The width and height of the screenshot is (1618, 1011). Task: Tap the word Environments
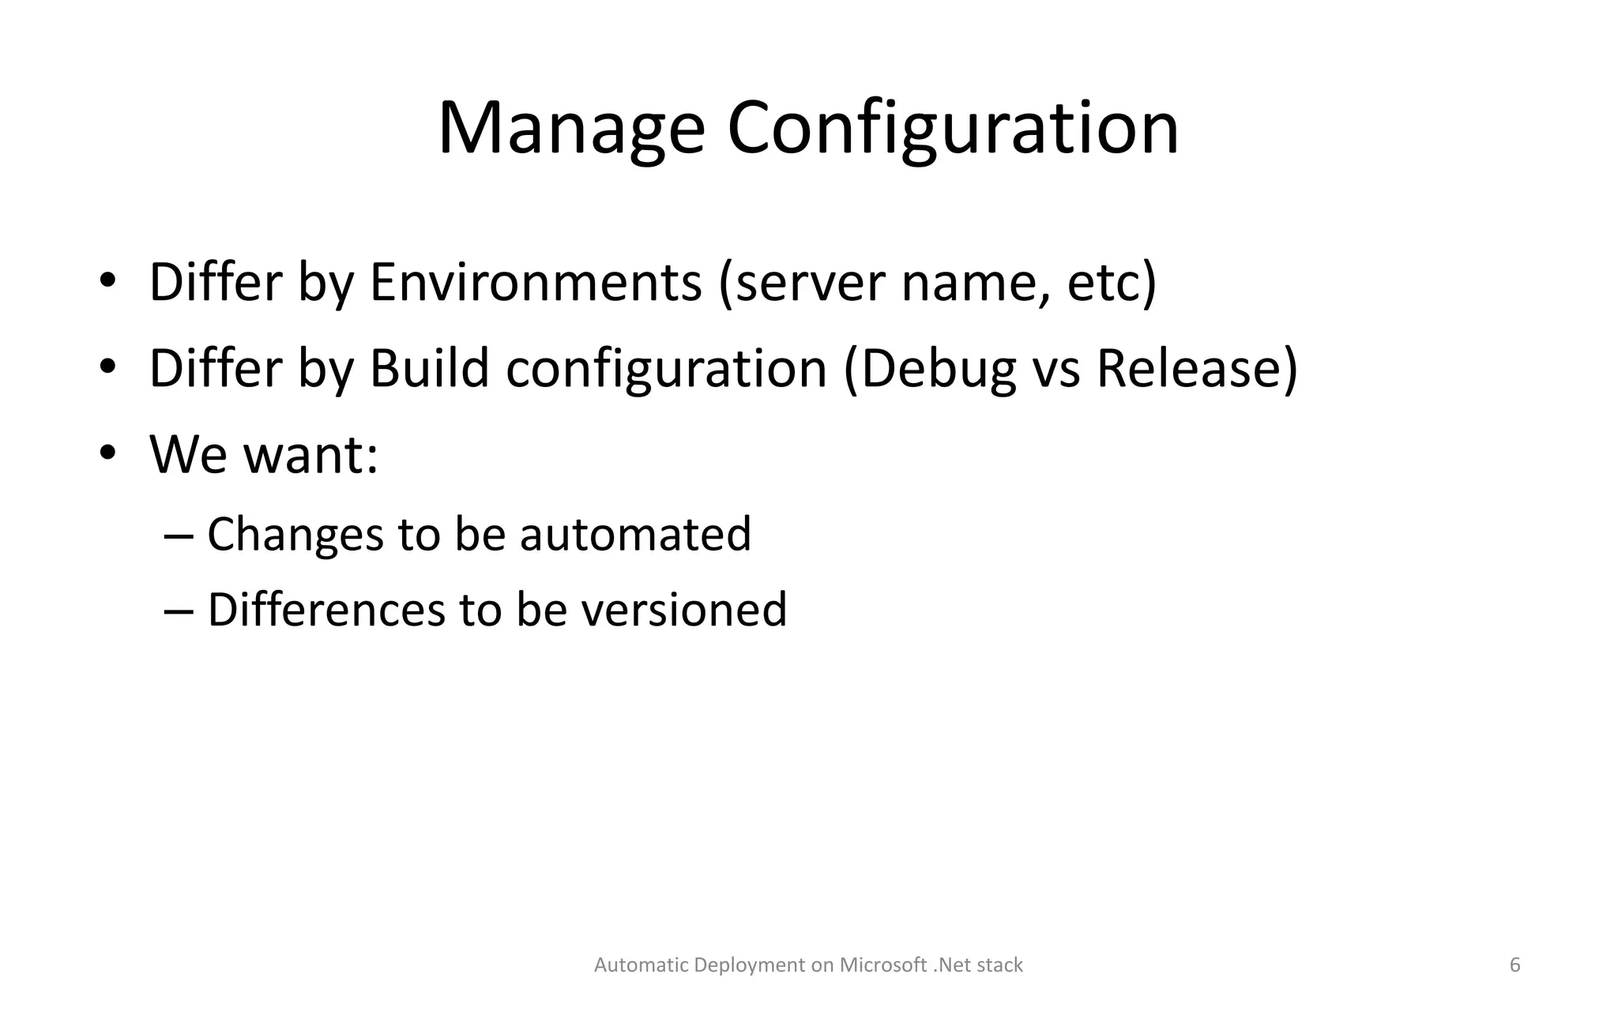(535, 282)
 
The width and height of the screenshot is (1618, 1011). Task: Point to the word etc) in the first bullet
(1112, 282)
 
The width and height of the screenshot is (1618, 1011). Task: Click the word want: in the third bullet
(310, 455)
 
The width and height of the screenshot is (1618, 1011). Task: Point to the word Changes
(295, 534)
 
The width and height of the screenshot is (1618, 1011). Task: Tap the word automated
(635, 534)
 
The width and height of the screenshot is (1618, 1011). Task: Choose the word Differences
(326, 610)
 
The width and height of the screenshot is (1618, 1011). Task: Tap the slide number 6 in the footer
(1515, 965)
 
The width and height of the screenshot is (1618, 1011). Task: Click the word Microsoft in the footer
(882, 965)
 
